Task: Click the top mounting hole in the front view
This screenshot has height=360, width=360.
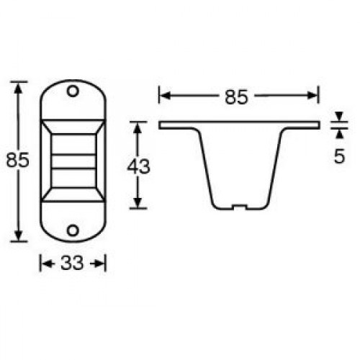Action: point(72,92)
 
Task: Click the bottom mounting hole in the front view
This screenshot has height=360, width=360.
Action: point(72,230)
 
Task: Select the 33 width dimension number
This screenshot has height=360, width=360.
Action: point(72,264)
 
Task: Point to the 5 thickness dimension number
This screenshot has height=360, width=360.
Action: point(338,156)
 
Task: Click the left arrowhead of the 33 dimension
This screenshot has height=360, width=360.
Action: point(43,264)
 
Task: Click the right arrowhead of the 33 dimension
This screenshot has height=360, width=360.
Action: point(102,264)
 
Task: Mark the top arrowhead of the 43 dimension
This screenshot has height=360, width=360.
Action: point(138,127)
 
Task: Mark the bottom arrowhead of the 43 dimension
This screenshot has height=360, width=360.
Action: point(138,204)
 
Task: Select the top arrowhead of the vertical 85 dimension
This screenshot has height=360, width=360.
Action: point(19,86)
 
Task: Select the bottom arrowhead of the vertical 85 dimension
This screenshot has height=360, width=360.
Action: point(19,236)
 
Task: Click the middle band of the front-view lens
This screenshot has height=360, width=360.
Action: point(72,162)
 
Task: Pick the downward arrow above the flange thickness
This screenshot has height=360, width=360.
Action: point(338,118)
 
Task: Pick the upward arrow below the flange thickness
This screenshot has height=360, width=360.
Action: point(338,133)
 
